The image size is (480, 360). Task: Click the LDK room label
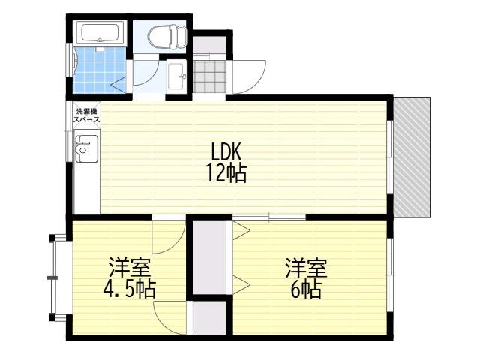(x=226, y=151)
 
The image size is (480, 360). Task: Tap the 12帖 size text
(x=226, y=173)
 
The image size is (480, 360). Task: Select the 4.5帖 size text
(x=130, y=289)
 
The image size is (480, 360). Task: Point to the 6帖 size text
(x=306, y=289)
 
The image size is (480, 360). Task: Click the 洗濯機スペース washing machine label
(x=86, y=115)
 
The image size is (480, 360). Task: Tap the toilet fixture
(x=167, y=37)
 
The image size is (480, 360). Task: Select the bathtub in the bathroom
(x=100, y=32)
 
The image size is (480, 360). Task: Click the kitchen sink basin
(x=87, y=148)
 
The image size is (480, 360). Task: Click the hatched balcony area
(x=412, y=157)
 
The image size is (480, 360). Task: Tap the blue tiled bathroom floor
(x=100, y=70)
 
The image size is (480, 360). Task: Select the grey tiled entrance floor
(x=209, y=76)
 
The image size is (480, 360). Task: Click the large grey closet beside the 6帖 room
(x=210, y=257)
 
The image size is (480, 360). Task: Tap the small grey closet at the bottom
(x=210, y=318)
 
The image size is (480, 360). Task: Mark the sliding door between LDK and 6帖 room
(x=269, y=217)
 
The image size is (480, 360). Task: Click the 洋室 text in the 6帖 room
(x=307, y=268)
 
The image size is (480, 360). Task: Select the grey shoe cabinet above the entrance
(x=210, y=45)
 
